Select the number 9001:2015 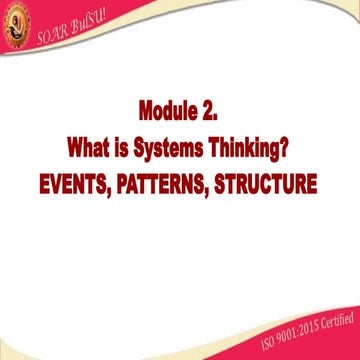282,323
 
